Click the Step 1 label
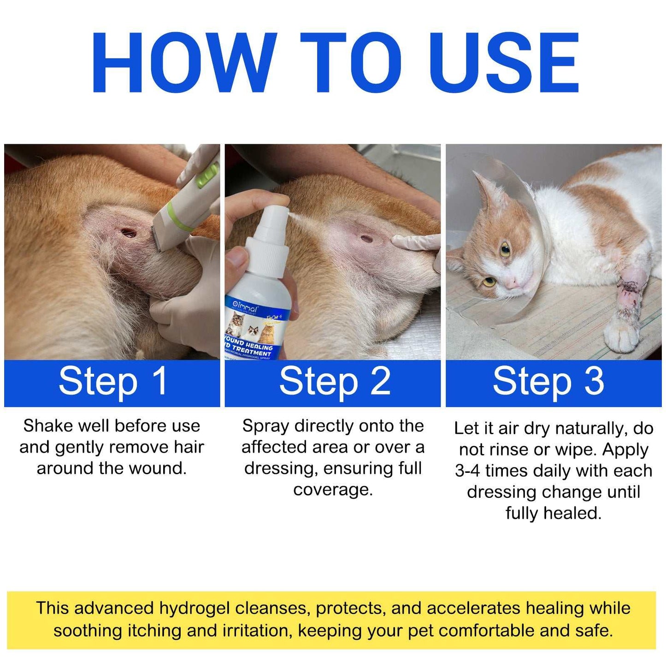[x=112, y=382]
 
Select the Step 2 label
[x=335, y=382]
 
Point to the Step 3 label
[x=548, y=382]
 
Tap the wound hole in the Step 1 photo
[x=128, y=232]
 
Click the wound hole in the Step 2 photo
[x=366, y=239]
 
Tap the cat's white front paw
[x=622, y=336]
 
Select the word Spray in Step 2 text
[x=265, y=426]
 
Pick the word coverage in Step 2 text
[x=333, y=489]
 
